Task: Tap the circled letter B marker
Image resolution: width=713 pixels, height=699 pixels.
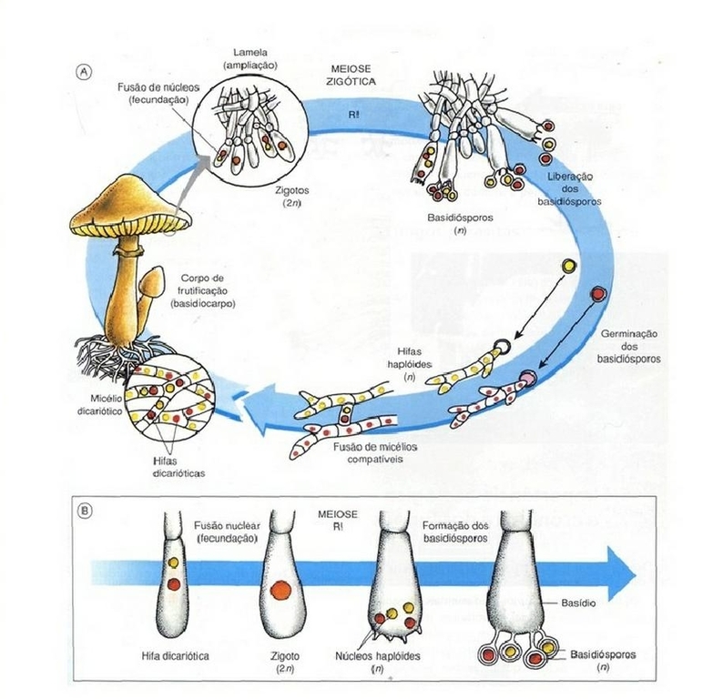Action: [x=85, y=512]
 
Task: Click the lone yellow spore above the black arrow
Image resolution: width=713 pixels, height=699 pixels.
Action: [x=569, y=265]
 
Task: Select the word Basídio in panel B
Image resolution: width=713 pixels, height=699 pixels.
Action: [x=574, y=603]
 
